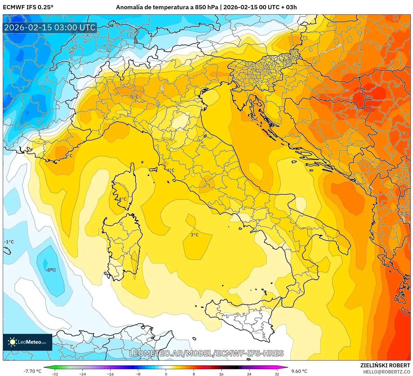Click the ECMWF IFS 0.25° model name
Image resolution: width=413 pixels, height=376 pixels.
tap(28, 7)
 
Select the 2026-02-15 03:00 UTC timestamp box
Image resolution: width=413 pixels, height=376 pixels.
tap(50, 28)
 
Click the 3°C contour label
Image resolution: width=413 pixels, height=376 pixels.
tap(194, 235)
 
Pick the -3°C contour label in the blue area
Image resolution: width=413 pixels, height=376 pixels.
tap(51, 270)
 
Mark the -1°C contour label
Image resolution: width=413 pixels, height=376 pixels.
tap(9, 242)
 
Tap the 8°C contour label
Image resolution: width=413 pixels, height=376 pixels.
tap(368, 97)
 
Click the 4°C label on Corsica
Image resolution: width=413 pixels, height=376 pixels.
tap(122, 199)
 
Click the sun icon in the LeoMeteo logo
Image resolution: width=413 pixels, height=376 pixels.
tap(12, 342)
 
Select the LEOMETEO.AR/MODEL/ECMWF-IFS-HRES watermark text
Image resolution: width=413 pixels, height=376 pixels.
tap(206, 353)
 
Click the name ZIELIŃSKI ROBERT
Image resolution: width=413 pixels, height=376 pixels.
tap(385, 365)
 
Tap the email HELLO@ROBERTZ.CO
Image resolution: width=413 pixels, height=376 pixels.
tap(386, 372)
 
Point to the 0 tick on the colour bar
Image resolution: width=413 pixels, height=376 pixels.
tap(166, 374)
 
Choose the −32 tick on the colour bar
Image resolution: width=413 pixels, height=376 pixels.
tap(55, 374)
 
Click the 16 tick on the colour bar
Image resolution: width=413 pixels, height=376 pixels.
tap(221, 374)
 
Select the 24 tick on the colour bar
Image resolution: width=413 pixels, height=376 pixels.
tap(249, 374)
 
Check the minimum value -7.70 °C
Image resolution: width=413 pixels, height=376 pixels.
tap(32, 371)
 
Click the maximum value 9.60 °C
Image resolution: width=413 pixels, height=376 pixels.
tap(299, 371)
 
